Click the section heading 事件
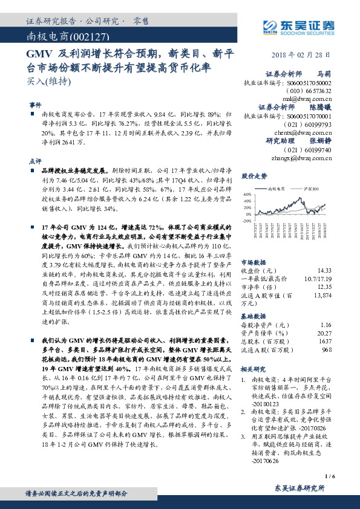tap(35, 105)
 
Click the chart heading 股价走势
tap(254, 177)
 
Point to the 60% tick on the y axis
tap(247, 195)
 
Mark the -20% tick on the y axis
tap(247, 221)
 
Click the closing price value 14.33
tap(324, 253)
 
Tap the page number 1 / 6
tap(329, 477)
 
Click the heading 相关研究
tap(253, 368)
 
